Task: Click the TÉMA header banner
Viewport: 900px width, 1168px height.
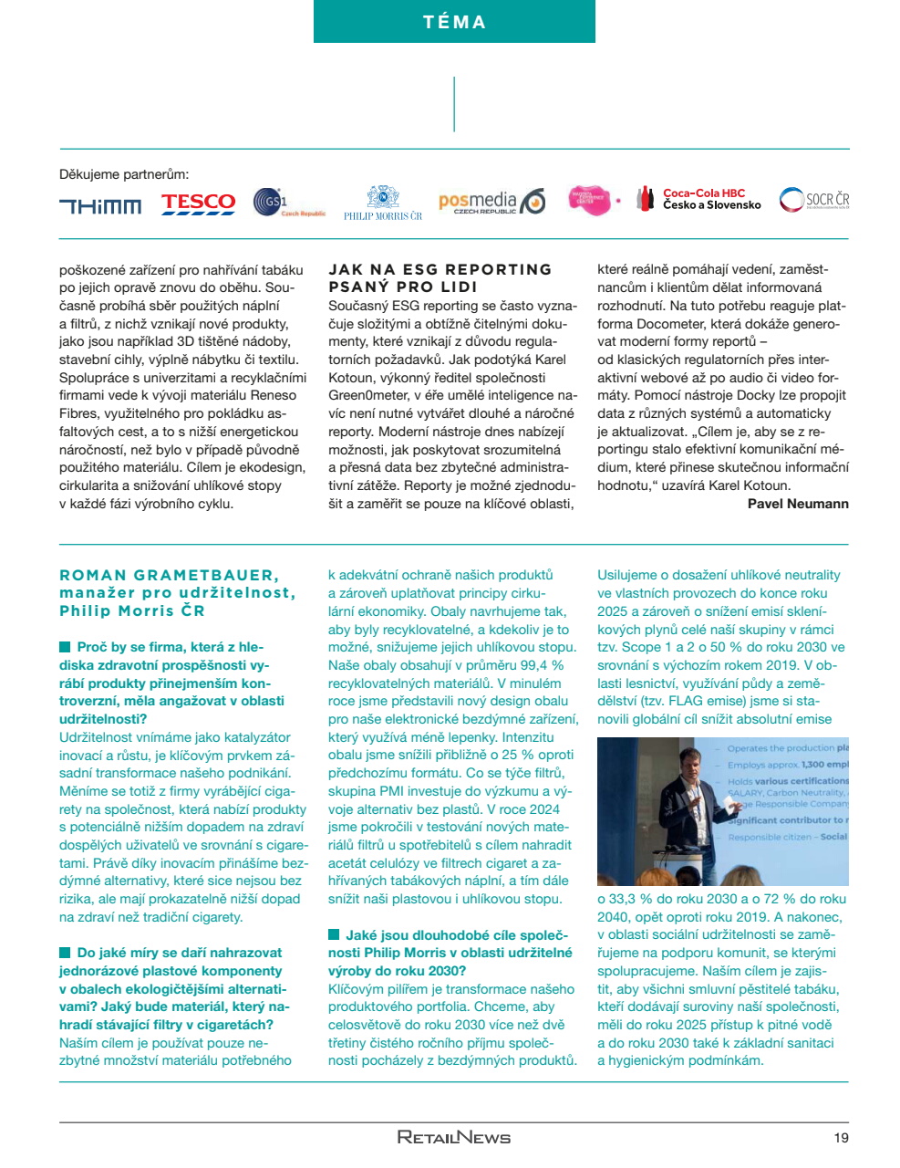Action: pyautogui.click(x=454, y=22)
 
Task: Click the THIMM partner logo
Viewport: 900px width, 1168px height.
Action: pyautogui.click(x=100, y=206)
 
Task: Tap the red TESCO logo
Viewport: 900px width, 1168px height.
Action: pyautogui.click(x=198, y=203)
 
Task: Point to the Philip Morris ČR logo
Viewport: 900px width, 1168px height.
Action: pyautogui.click(x=383, y=203)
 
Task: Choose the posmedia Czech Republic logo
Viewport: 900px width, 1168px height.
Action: pyautogui.click(x=491, y=202)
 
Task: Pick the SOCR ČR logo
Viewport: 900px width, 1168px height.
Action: pyautogui.click(x=814, y=200)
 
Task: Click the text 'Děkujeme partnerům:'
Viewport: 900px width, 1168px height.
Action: pyautogui.click(x=124, y=174)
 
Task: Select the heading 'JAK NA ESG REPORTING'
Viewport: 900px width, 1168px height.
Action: pyautogui.click(x=440, y=269)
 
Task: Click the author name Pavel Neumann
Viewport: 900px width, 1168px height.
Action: pyautogui.click(x=798, y=504)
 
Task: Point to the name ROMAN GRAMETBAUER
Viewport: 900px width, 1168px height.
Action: pyautogui.click(x=169, y=575)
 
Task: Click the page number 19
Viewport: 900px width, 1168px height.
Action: pyautogui.click(x=841, y=1137)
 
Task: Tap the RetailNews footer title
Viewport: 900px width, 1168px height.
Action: pyautogui.click(x=454, y=1137)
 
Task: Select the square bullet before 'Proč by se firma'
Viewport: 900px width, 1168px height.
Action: pyautogui.click(x=65, y=647)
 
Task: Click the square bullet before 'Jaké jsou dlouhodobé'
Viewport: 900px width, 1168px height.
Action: pyautogui.click(x=334, y=934)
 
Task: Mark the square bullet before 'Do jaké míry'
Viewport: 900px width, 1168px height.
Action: pyautogui.click(x=65, y=953)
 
